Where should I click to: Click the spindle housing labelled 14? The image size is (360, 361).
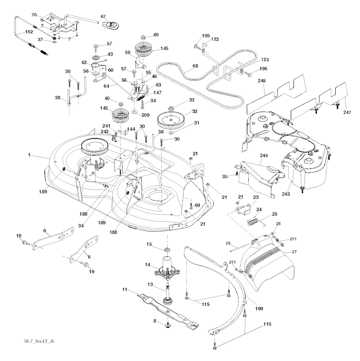pos(167,269)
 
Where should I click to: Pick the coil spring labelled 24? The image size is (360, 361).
pos(255,222)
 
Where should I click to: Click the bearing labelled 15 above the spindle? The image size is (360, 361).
pos(167,250)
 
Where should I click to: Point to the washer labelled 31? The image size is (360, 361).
pos(171,132)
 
